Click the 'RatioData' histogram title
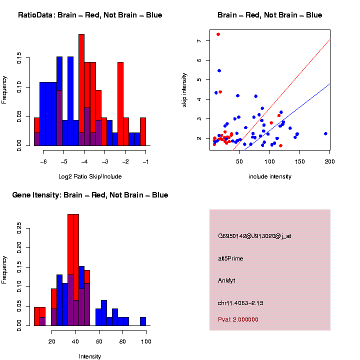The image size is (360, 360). click(90, 15)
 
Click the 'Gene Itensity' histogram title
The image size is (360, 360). click(90, 195)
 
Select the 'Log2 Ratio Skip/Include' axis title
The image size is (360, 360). click(90, 176)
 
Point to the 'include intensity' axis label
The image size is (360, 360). click(270, 176)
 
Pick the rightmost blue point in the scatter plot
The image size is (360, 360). click(325, 133)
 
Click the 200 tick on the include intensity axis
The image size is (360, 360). click(330, 161)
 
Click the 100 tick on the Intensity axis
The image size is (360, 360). click(146, 341)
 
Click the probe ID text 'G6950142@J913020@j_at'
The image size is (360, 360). click(254, 236)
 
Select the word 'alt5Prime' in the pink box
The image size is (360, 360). click(230, 258)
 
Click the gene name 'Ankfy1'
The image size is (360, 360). click(227, 280)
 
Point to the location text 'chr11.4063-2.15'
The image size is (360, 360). click(240, 303)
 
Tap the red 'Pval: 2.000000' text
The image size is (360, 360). click(238, 319)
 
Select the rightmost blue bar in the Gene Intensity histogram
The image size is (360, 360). click(143, 321)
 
